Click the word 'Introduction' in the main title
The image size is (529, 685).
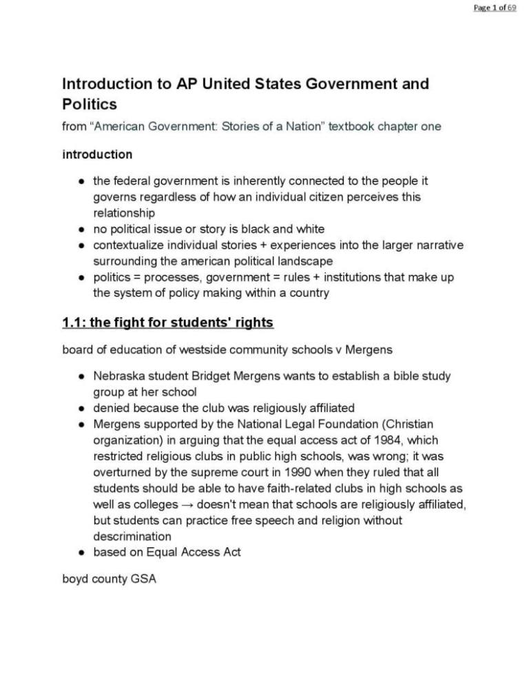(x=103, y=84)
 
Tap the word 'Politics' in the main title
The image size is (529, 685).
(x=87, y=105)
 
